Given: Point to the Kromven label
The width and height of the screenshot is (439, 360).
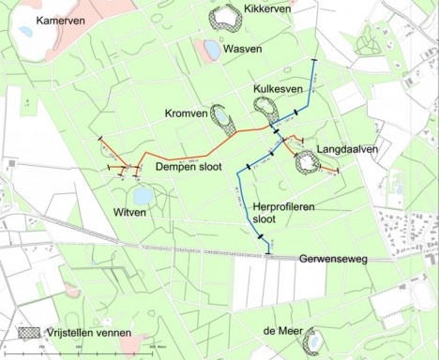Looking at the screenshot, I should pos(186,113).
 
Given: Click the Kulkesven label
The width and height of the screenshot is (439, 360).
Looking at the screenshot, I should pos(277,88).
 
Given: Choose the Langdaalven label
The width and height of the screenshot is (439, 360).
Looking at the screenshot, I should pos(346,148).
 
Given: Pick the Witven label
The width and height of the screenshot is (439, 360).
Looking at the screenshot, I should pos(129,213).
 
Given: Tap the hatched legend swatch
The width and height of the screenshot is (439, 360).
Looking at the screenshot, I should pos(31,333).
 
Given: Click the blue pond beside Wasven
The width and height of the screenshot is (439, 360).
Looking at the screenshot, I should pos(212,49).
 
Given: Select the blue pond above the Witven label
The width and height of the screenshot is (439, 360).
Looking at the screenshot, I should pos(143,196).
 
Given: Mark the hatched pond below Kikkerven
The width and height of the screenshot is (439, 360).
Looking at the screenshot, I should pos(227,18).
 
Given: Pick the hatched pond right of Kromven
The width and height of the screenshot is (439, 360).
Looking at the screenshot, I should pos(224,117).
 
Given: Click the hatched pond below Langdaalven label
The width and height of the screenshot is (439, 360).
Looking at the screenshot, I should pos(306,162).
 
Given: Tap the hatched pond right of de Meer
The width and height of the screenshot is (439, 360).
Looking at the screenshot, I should pos(313,340).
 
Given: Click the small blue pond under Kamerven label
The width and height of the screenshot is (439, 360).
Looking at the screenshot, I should pos(25,32).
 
